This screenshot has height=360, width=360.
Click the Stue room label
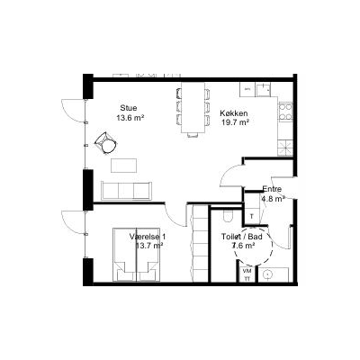pos(129,108)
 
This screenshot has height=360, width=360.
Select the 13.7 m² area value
pos(149,246)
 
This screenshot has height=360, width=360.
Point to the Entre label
pos(272,189)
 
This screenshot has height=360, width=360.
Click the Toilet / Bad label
pos(242,237)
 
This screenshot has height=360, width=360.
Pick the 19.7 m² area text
pos(236,122)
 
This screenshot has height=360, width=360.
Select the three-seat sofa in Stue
pos(127,191)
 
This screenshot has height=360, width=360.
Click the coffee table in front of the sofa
pos(124,166)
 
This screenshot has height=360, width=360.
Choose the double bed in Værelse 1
pos(137,255)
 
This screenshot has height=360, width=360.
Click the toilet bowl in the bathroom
pos(228,215)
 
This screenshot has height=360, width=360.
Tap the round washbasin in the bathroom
pos(266,274)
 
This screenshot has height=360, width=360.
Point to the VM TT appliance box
pos(247,274)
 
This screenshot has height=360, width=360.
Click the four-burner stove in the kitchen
pos(285,112)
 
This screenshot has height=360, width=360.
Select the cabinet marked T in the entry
pos(252,216)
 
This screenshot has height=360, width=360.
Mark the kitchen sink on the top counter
pos(263,89)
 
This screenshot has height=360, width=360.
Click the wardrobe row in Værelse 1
pos(200,244)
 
